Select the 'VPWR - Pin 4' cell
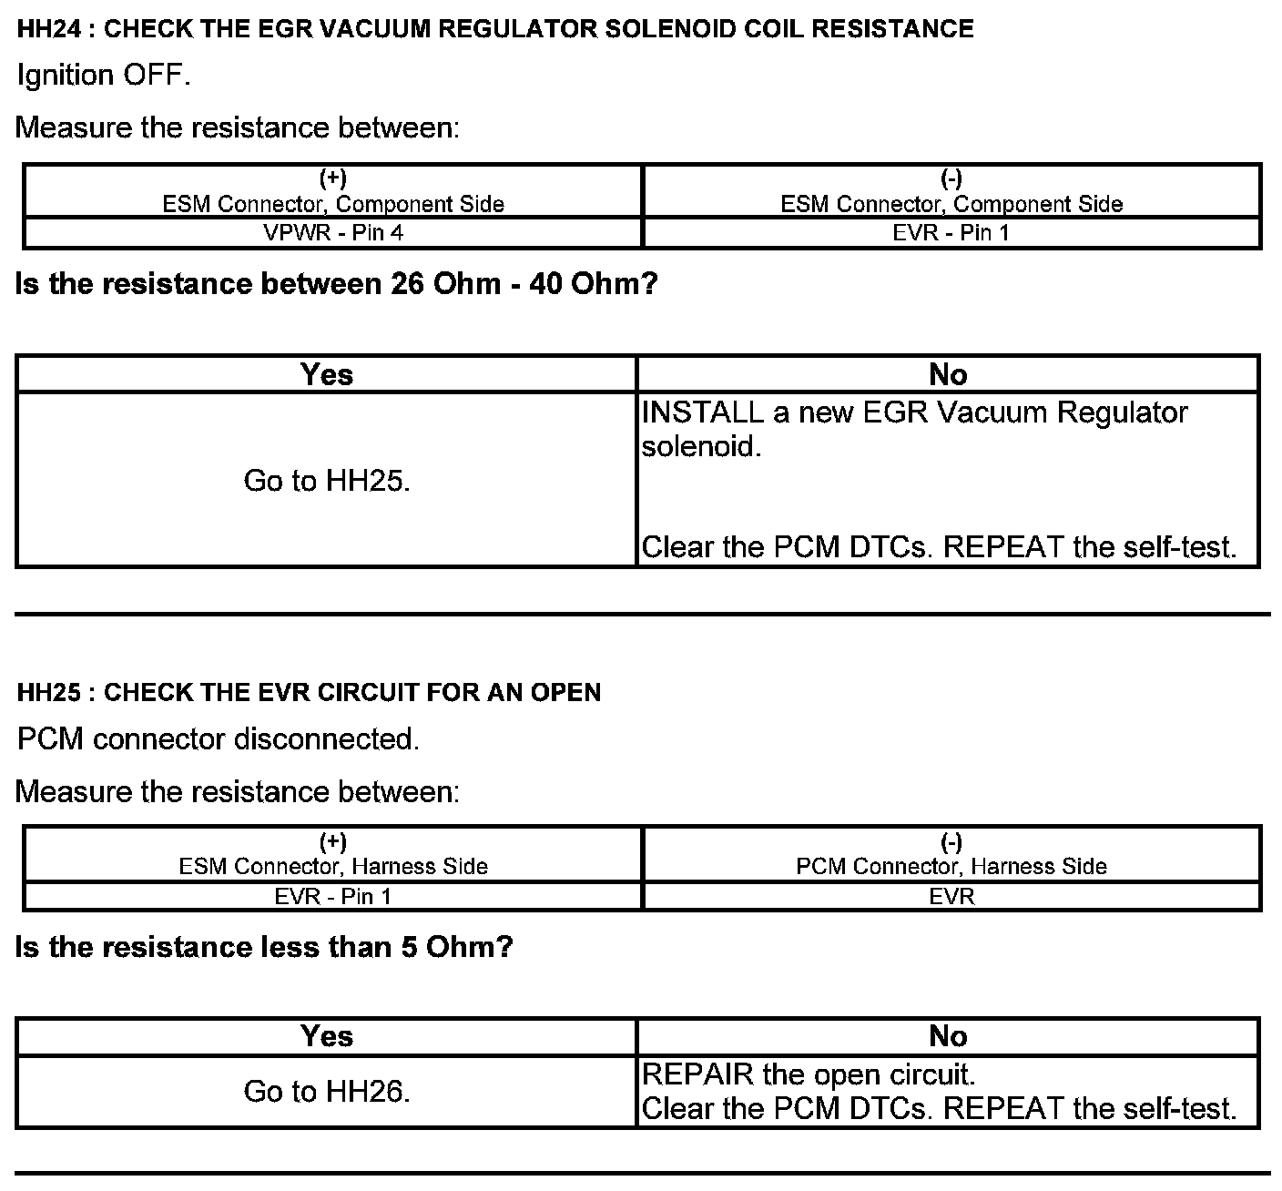click(x=333, y=233)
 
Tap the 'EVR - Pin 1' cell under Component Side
click(x=951, y=233)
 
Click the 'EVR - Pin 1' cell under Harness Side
click(x=333, y=897)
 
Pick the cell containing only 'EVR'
click(x=951, y=897)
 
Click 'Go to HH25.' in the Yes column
click(x=327, y=481)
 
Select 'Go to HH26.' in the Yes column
click(x=327, y=1092)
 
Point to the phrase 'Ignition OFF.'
click(x=104, y=76)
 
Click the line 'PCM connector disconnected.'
click(x=219, y=739)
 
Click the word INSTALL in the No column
click(x=702, y=413)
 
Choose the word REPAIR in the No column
click(x=698, y=1075)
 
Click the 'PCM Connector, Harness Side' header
click(x=951, y=867)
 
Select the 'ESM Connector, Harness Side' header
click(x=333, y=867)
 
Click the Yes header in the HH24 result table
click(x=327, y=375)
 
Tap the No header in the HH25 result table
click(x=948, y=1037)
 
